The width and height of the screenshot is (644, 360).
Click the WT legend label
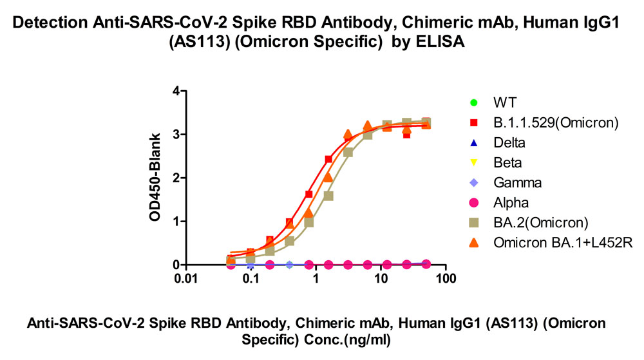[x=505, y=102]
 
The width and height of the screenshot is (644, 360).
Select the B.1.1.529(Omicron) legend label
[x=556, y=122]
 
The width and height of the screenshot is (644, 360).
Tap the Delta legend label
[x=509, y=142]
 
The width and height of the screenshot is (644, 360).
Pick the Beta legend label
[x=507, y=162]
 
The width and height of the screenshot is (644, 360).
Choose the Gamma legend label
[x=518, y=182]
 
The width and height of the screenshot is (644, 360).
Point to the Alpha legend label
[x=511, y=202]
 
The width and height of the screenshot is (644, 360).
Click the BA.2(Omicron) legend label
[x=541, y=222]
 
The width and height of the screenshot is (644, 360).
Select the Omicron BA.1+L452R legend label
[x=563, y=243]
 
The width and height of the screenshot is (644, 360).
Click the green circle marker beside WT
[x=473, y=102]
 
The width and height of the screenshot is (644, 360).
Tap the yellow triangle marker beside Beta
[x=473, y=163]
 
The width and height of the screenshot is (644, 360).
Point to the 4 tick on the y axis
[x=176, y=91]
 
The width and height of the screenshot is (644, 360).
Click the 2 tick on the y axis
[x=176, y=178]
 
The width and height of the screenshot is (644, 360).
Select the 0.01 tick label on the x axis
[x=185, y=278]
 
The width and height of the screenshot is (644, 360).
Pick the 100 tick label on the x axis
[x=446, y=278]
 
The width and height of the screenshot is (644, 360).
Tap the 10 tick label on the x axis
[x=381, y=278]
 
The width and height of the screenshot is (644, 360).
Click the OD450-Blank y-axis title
[x=155, y=177]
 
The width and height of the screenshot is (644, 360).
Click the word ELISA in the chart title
[x=440, y=42]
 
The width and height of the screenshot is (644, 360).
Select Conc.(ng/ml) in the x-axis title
[x=347, y=340]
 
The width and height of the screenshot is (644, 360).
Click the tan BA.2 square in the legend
[x=473, y=223]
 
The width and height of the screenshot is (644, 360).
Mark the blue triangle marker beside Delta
[x=473, y=143]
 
